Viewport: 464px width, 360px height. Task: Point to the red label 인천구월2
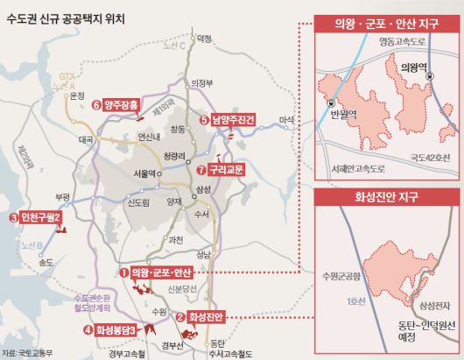(x=40, y=216)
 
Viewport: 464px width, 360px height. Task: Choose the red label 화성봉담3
(x=116, y=329)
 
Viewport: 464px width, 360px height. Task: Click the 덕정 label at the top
(x=205, y=39)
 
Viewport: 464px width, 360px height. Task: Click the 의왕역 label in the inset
(x=411, y=66)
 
